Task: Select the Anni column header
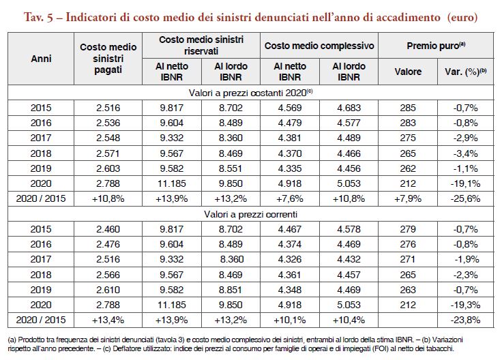[41, 59]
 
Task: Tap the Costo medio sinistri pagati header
[108, 58]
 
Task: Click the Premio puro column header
[436, 46]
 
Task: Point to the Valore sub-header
[408, 72]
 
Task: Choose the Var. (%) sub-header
[465, 72]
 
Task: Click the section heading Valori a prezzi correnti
[251, 214]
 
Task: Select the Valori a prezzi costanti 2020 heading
[251, 93]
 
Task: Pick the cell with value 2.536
[108, 123]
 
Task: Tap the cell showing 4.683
[349, 108]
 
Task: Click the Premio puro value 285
[408, 108]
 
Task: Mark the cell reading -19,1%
[465, 183]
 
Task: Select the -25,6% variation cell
[465, 198]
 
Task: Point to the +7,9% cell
[408, 198]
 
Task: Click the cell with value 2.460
[108, 229]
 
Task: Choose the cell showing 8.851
[231, 290]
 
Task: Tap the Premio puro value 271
[408, 259]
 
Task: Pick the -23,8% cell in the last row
[465, 320]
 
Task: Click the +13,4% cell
[108, 320]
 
